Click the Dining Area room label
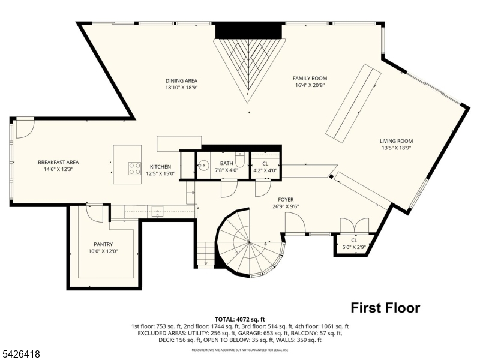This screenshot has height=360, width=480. (181, 80)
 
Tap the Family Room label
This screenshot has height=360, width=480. (310, 78)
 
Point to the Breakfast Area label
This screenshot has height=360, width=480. (58, 162)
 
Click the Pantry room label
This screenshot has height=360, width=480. (103, 244)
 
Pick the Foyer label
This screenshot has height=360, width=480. (285, 200)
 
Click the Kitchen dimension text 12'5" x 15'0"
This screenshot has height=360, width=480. (160, 174)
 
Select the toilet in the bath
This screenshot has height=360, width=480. (239, 161)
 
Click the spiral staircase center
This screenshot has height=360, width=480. (248, 242)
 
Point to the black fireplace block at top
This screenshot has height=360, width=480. (248, 31)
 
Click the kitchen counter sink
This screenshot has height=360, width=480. (157, 211)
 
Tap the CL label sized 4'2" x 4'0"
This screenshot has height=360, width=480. (265, 166)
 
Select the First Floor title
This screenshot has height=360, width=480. (385, 308)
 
